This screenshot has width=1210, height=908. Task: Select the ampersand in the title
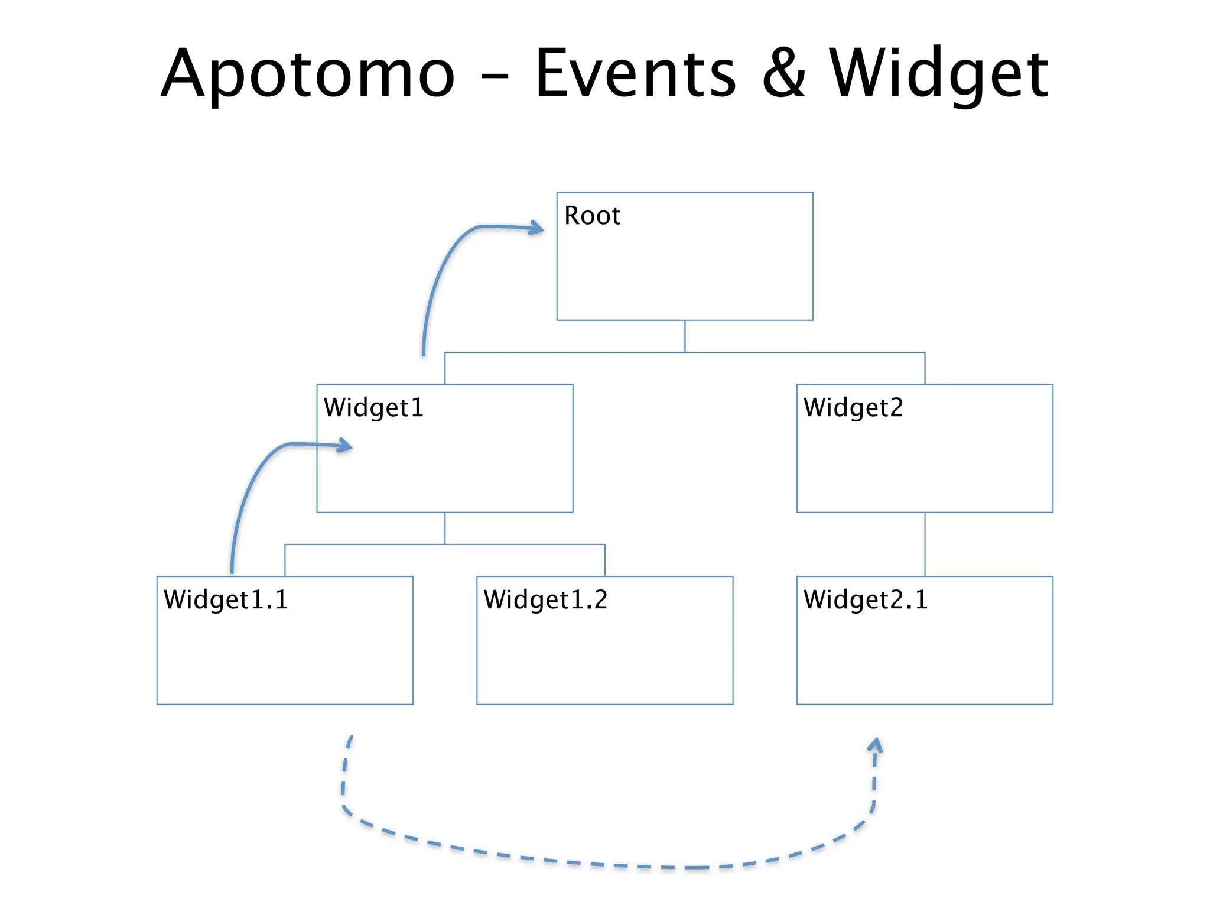click(784, 74)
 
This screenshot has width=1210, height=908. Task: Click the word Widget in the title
click(938, 74)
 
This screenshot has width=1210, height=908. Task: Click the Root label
click(592, 215)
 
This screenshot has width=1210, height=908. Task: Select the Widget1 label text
click(373, 407)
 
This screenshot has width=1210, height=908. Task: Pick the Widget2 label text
click(853, 407)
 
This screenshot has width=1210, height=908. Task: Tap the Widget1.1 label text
click(226, 599)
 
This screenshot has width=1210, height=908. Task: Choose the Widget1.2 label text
click(545, 599)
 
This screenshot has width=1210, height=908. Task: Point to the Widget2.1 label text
click(866, 599)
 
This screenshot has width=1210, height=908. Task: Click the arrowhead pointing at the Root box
click(537, 228)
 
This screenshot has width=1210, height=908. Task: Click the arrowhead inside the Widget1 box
click(346, 446)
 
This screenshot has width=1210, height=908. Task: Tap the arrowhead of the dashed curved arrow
click(876, 745)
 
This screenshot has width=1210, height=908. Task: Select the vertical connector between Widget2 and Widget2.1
click(925, 544)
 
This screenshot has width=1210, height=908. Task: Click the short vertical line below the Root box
click(685, 336)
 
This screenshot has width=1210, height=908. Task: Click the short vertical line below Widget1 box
click(445, 528)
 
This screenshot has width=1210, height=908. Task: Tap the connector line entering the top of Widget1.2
click(604, 560)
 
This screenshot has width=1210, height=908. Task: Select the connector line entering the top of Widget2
click(925, 368)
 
